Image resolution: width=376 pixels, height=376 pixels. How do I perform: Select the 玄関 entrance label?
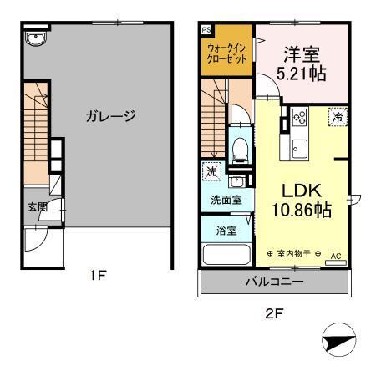37,206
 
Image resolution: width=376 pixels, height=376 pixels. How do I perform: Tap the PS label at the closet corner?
206,28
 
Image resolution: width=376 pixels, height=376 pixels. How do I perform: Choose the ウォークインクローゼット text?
226,54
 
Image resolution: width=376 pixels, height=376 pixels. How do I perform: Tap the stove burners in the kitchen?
299,119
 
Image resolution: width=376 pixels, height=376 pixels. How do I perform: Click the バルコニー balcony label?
273,282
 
